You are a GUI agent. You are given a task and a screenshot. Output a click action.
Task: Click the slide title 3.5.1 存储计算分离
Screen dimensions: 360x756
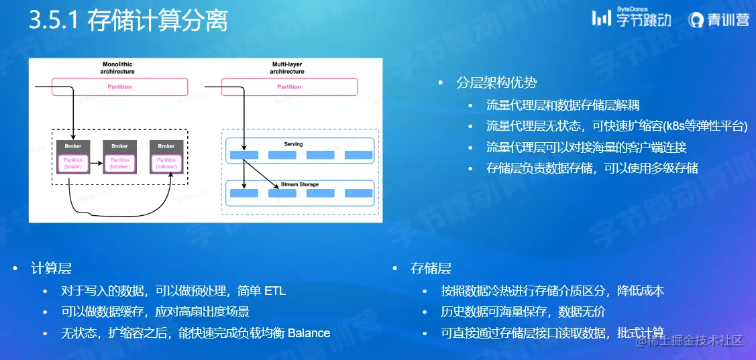(x=128, y=20)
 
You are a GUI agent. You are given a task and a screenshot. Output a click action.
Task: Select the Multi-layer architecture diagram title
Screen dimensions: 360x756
(x=287, y=68)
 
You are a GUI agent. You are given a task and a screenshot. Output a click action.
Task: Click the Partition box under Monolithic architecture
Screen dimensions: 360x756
(x=119, y=86)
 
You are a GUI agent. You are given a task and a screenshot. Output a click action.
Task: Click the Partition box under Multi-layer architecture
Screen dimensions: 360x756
(x=289, y=86)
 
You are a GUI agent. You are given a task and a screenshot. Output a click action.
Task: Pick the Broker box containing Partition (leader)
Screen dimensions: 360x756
(x=73, y=157)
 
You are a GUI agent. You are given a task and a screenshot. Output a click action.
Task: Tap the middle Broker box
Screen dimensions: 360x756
(x=119, y=157)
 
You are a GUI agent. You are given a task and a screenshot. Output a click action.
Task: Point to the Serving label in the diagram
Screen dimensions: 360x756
(x=293, y=144)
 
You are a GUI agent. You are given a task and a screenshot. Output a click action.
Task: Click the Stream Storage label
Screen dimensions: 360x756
(x=299, y=184)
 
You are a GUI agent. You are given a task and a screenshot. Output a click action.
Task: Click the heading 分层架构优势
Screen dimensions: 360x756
(x=496, y=82)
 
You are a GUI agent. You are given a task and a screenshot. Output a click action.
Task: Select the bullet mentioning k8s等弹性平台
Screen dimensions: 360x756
(x=616, y=126)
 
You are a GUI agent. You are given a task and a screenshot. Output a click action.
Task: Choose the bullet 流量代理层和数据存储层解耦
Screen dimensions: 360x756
(x=563, y=105)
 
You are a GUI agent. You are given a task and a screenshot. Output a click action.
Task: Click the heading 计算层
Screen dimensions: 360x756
(x=51, y=268)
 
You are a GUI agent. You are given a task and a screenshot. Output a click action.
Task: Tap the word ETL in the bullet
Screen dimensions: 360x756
(x=274, y=291)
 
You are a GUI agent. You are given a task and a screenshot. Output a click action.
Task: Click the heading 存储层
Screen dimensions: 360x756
(x=431, y=268)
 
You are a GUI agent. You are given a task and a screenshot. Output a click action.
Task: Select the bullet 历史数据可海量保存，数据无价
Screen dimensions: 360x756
(x=523, y=312)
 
